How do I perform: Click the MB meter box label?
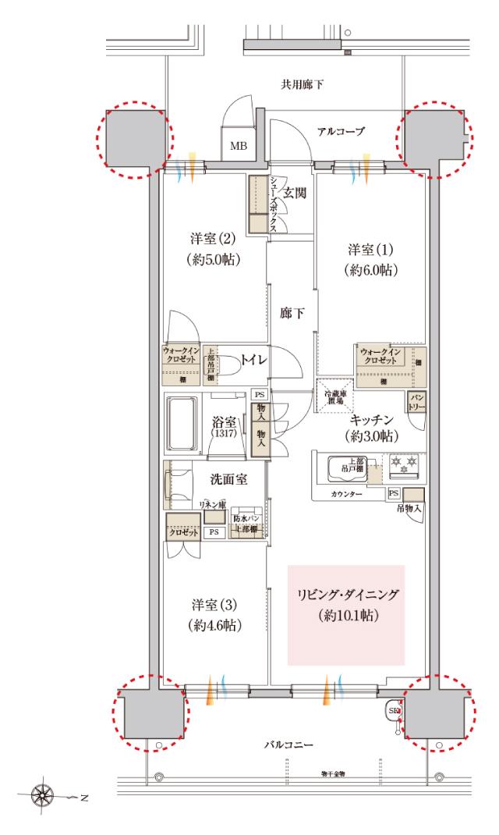[236, 146]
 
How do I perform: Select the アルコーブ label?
[341, 132]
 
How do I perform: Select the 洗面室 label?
[232, 479]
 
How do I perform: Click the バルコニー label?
[288, 745]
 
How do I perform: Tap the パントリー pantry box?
[415, 403]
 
